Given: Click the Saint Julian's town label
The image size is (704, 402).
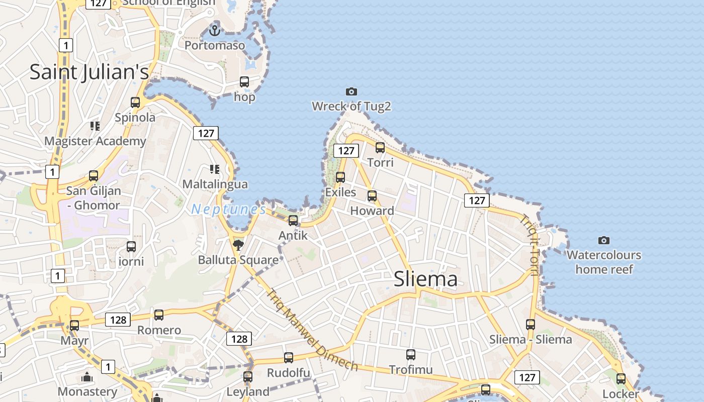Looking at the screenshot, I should (90, 72).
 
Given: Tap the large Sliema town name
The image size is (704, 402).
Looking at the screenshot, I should (425, 279).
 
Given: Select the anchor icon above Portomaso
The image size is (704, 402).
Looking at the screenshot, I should (215, 31).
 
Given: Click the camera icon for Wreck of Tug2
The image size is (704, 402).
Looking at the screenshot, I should (351, 91).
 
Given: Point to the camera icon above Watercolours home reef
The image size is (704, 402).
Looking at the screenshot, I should (604, 240).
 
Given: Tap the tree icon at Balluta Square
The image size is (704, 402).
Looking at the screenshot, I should (238, 245).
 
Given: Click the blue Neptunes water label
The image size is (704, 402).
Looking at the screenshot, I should (229, 209).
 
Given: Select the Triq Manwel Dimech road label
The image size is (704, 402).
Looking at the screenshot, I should (312, 330).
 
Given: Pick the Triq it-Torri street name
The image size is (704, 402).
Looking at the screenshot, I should (529, 245).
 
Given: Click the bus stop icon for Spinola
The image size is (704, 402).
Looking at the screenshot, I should (135, 103).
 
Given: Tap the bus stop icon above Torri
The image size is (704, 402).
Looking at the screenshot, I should (380, 148).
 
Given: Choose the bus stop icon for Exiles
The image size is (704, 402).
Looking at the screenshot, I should (340, 177).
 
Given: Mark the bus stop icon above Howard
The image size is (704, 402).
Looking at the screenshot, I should (372, 196).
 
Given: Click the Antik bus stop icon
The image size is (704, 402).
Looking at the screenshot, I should (293, 220).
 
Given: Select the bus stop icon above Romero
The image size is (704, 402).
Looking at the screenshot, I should (159, 315).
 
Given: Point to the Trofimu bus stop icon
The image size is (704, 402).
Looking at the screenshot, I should (411, 355).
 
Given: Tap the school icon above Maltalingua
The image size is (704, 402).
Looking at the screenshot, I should (215, 169).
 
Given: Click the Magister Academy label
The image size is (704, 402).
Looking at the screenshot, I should (95, 141).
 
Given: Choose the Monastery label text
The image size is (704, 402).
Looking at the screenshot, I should (87, 391).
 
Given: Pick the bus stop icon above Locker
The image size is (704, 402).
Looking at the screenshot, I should (621, 379).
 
